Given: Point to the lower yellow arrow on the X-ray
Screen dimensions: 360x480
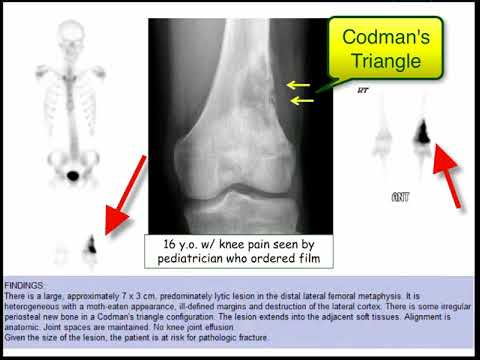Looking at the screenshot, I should click(299, 101).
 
